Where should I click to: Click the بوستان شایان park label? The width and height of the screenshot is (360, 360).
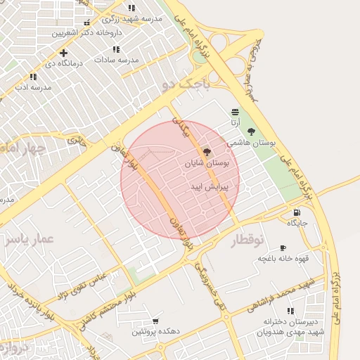pyautogui.click(x=207, y=163)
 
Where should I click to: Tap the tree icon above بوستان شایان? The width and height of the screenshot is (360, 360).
pyautogui.click(x=206, y=152)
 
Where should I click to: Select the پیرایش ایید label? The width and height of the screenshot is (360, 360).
pyautogui.click(x=206, y=187)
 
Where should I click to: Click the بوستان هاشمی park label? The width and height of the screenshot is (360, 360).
pyautogui.click(x=251, y=142)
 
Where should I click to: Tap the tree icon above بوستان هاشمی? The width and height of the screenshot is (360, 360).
pyautogui.click(x=251, y=131)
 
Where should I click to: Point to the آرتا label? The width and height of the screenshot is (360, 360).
pyautogui.click(x=234, y=122)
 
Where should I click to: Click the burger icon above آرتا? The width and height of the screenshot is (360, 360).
pyautogui.click(x=234, y=112)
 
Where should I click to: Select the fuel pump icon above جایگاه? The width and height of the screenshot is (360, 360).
pyautogui.click(x=297, y=212)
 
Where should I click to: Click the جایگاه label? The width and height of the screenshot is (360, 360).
pyautogui.click(x=297, y=223)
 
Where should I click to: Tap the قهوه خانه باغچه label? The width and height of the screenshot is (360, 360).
pyautogui.click(x=283, y=258)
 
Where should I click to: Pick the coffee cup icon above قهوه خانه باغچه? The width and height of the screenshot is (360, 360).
pyautogui.click(x=283, y=247)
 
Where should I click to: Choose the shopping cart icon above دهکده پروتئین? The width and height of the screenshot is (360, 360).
pyautogui.click(x=155, y=321)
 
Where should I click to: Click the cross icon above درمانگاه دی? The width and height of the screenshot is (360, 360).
pyautogui.click(x=64, y=53)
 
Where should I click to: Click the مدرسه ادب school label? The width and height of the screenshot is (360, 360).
pyautogui.click(x=33, y=87)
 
